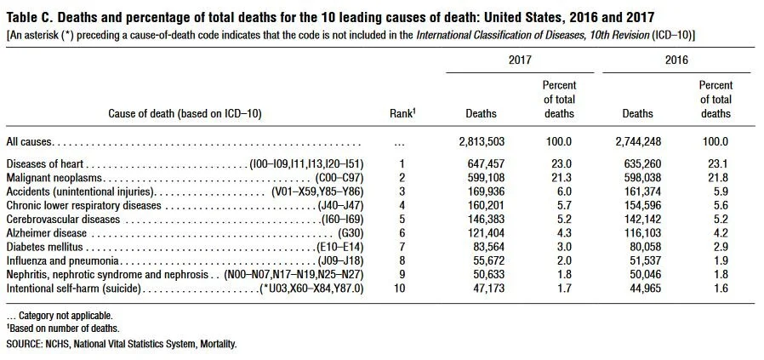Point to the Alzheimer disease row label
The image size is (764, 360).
point(46,232)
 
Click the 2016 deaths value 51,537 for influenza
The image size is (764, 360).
point(642,260)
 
